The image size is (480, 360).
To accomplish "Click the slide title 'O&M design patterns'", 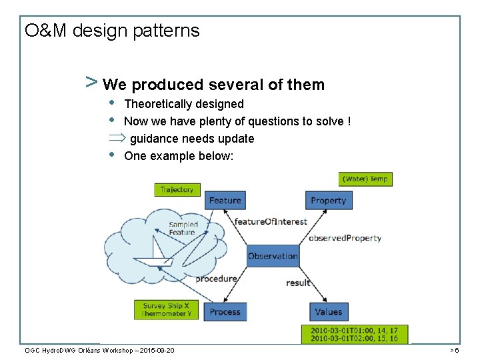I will tap(111, 31).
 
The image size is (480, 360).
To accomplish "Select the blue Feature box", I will tap(225, 200).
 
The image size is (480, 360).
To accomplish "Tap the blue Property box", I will tap(328, 200).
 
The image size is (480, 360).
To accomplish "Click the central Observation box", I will tap(273, 256).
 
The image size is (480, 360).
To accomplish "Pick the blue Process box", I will tap(225, 311).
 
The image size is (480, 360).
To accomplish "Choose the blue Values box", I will tap(328, 311).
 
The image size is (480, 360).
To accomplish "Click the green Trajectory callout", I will tap(177, 190).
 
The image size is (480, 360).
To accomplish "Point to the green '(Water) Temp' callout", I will tap(364, 179).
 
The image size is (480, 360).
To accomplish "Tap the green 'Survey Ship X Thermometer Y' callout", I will tap(167, 310).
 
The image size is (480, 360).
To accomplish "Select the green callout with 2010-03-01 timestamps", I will tap(358, 334).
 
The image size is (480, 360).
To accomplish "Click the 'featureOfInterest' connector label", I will tap(271, 221).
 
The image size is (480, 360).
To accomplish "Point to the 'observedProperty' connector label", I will tap(345, 238).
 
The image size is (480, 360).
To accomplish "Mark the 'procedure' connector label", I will tap(216, 279).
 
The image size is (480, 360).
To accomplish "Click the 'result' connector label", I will tap(298, 283).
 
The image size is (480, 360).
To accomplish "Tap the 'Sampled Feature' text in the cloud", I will tap(183, 228).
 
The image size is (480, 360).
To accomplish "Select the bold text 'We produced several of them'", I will tap(214, 85).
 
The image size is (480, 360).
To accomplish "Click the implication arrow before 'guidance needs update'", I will tap(117, 139).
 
